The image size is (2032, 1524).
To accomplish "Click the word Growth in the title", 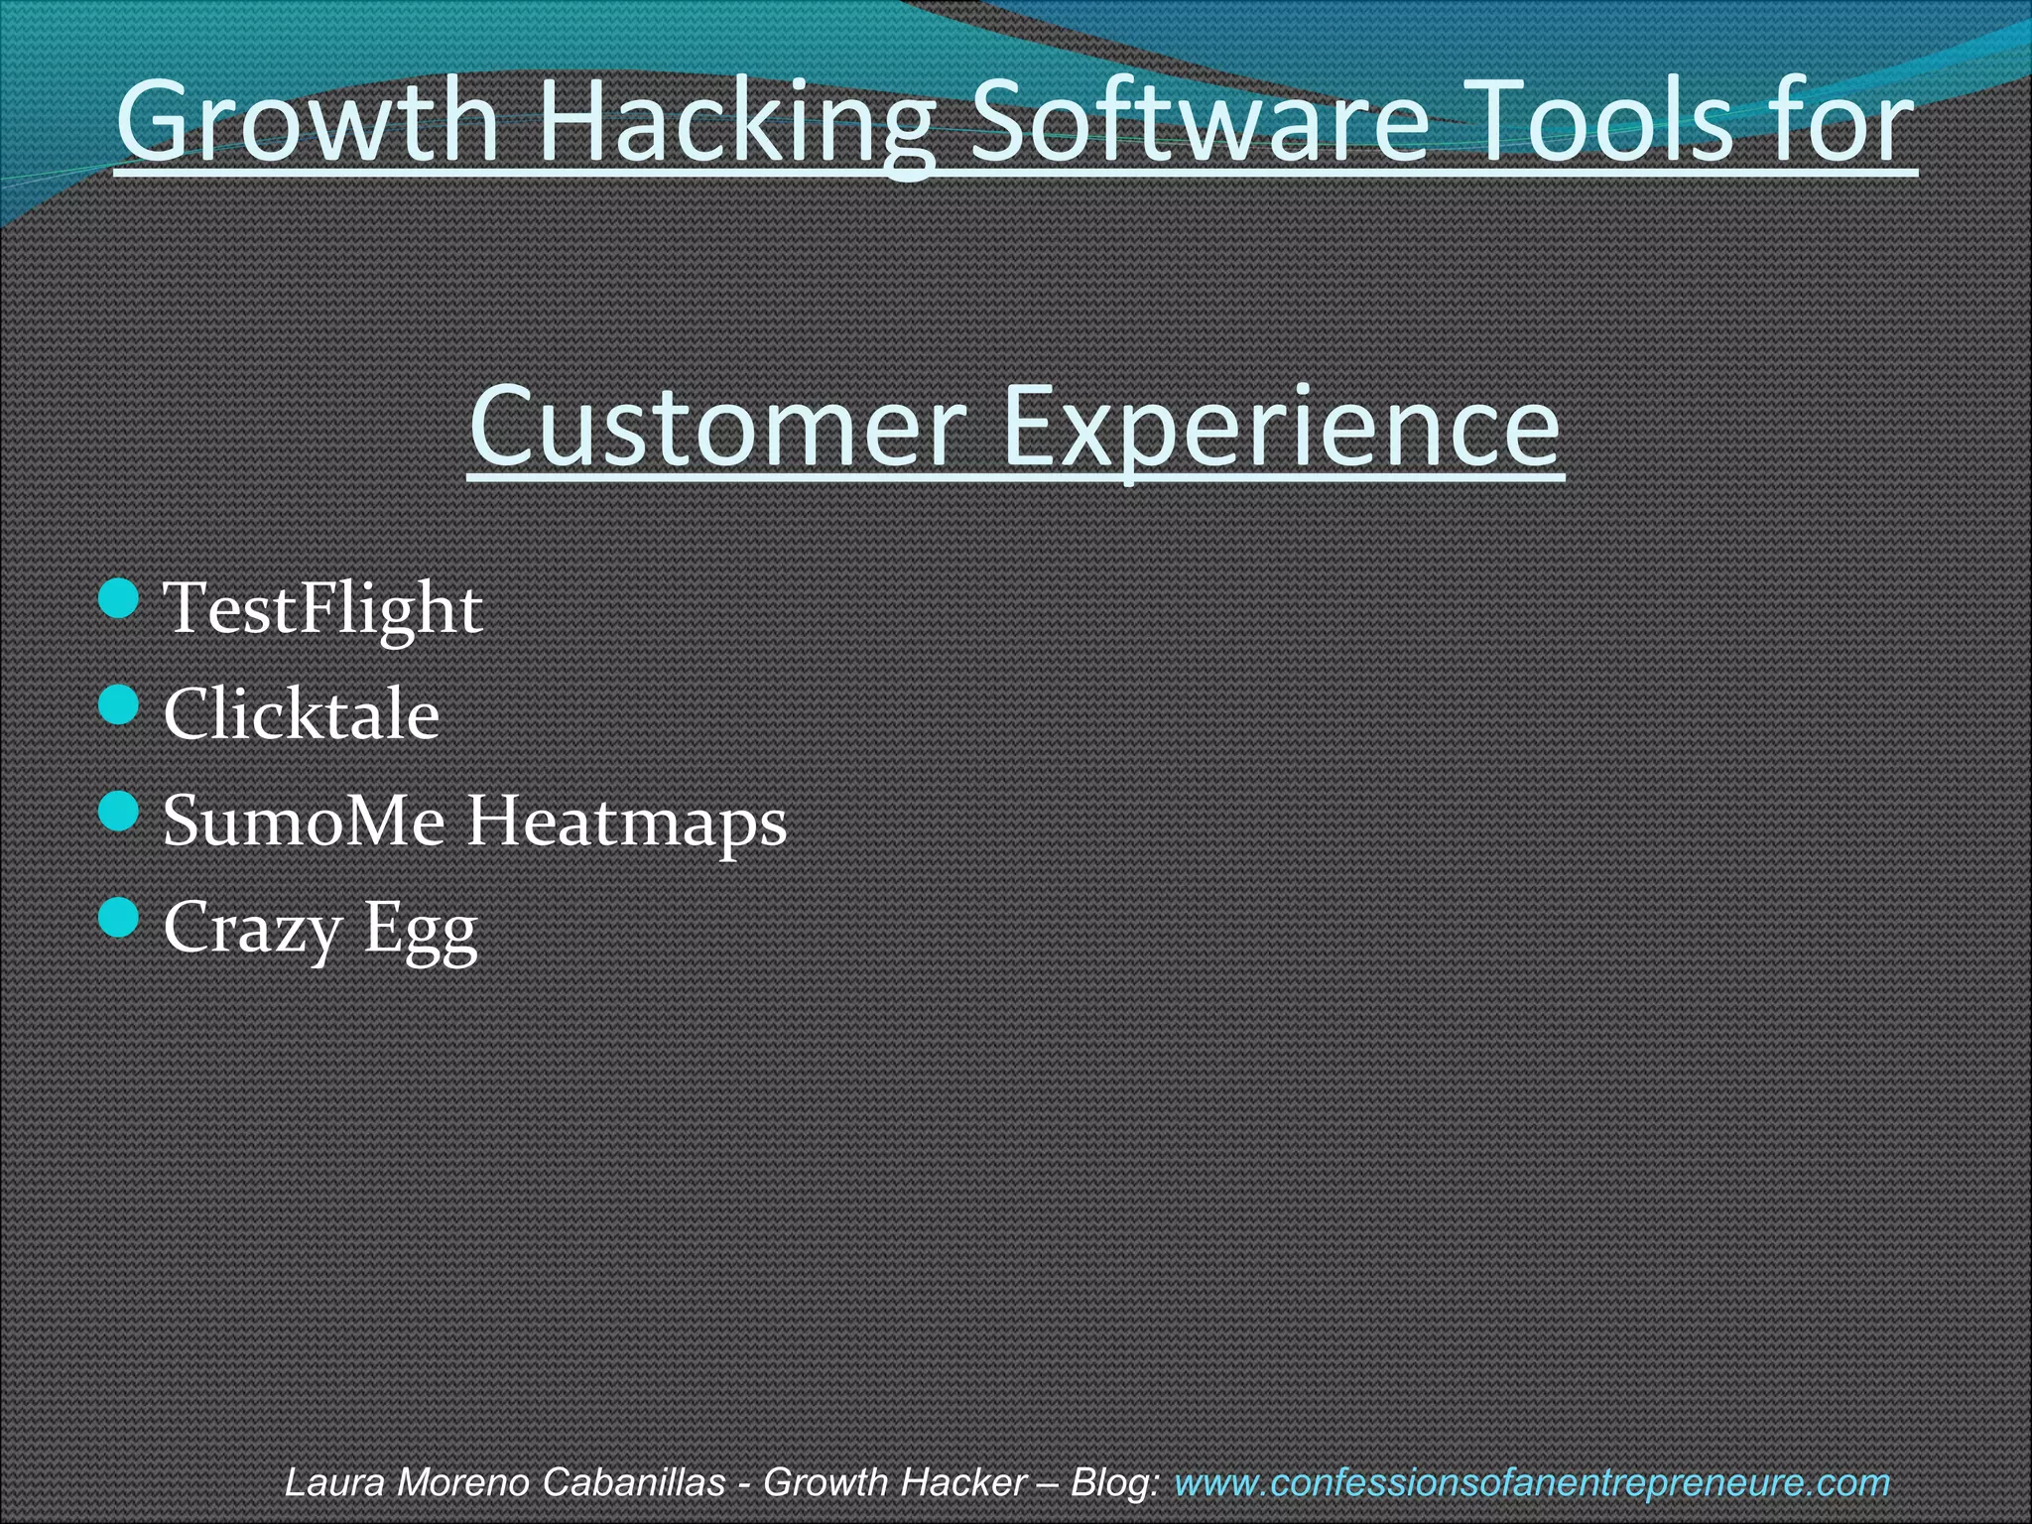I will pos(307,123).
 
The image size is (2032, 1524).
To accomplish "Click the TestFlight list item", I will pos(322,608).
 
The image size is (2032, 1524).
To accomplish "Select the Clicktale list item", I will pos(301,714).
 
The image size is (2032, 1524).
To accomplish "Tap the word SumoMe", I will pos(304,822).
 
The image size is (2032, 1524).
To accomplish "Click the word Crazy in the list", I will pos(252,929).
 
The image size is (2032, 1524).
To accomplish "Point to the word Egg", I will pos(421,931).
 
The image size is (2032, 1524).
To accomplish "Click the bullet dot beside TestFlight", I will pos(120,599).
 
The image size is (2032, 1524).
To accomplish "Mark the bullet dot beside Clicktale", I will pos(120,705).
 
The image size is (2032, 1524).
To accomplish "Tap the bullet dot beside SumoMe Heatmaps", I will pos(120,812).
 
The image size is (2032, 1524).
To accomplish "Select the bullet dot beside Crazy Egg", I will pos(120,918).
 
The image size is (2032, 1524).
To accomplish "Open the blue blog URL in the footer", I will pos(1531,1483).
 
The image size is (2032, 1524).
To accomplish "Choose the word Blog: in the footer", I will pos(1115,1483).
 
